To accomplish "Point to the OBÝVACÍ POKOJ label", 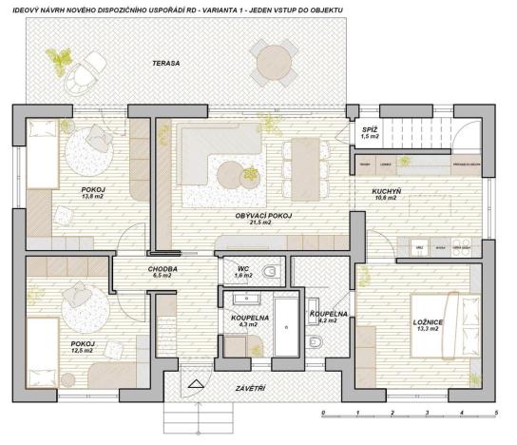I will pyautogui.click(x=263, y=218).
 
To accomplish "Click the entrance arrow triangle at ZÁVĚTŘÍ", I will pyautogui.click(x=197, y=385).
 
